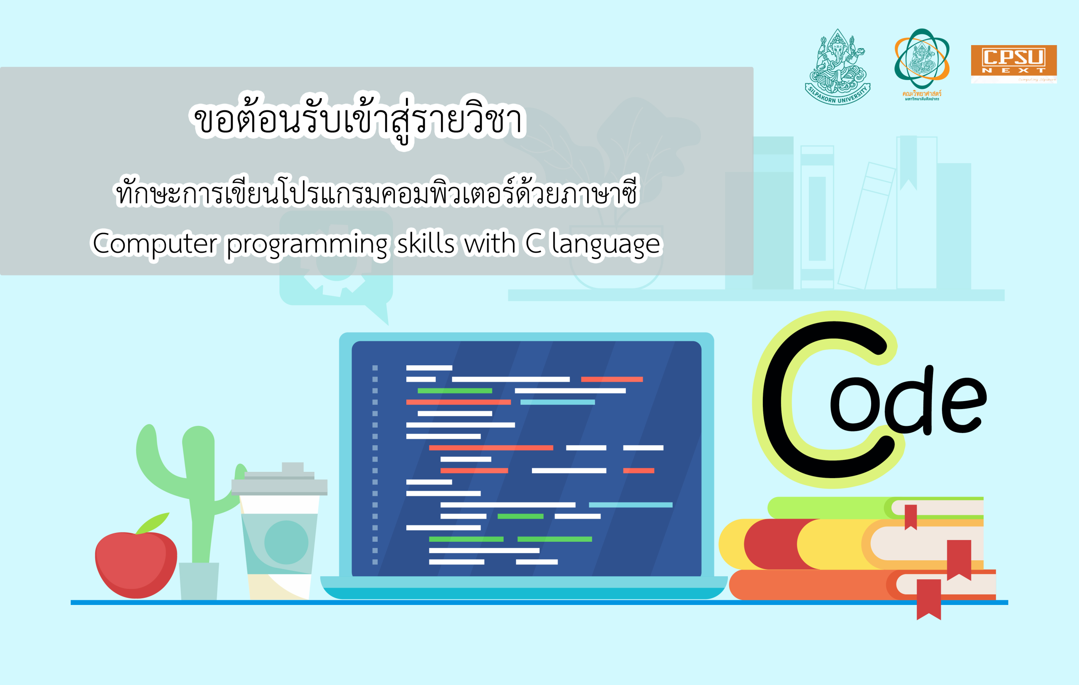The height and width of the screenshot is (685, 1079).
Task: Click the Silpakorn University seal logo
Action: click(x=837, y=67)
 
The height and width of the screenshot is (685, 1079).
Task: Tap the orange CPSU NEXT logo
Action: click(x=1014, y=63)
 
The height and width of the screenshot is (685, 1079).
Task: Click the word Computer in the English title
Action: click(x=155, y=244)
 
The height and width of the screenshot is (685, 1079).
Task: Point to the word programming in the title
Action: click(x=306, y=245)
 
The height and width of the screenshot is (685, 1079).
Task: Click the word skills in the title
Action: click(x=426, y=244)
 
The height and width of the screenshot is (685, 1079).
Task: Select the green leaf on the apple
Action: click(x=153, y=523)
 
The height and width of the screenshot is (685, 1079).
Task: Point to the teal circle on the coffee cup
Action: click(x=286, y=542)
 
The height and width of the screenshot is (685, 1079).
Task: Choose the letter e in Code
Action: click(x=964, y=405)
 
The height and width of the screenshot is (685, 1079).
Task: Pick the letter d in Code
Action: click(x=910, y=403)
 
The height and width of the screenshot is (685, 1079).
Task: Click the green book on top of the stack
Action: click(x=829, y=508)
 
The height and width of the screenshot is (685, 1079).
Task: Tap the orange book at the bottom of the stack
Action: click(x=807, y=585)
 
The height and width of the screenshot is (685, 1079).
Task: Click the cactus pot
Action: click(x=199, y=581)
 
